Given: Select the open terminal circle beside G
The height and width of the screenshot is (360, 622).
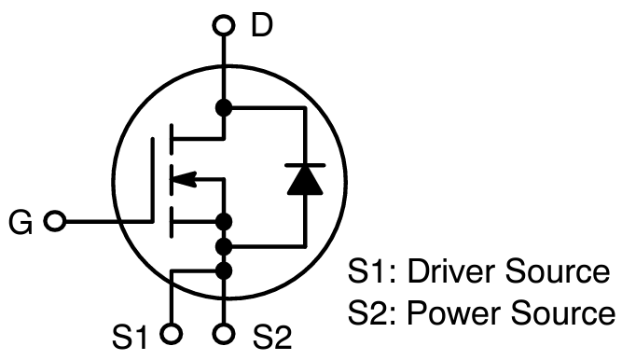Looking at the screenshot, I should click(56, 223).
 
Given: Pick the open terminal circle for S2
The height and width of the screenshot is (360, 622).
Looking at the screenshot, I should click(223, 332).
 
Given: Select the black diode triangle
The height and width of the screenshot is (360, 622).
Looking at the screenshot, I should click(305, 180).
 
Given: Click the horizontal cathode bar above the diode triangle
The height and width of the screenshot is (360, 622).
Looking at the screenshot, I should click(305, 165).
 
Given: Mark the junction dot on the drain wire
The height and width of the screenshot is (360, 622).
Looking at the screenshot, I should click(223, 107).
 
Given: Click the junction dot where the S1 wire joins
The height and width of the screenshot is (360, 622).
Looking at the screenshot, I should click(223, 270).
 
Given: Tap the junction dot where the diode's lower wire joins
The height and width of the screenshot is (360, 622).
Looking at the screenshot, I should click(223, 247).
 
